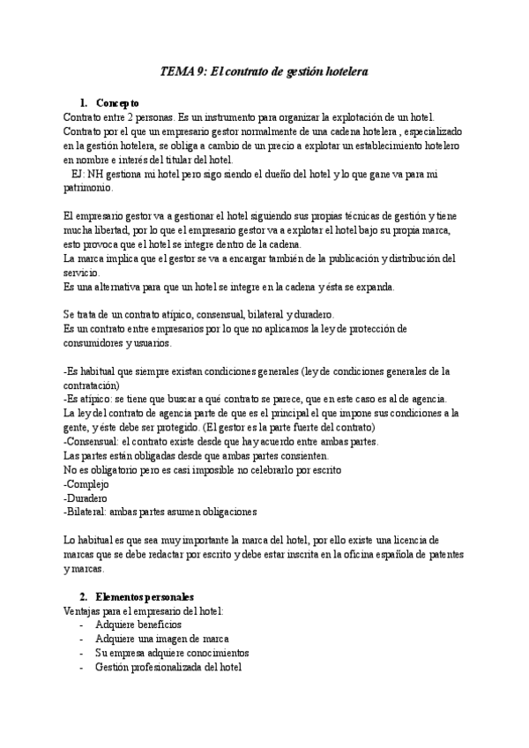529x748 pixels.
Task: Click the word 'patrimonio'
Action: pos(88,187)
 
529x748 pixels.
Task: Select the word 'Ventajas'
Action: pos(85,611)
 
